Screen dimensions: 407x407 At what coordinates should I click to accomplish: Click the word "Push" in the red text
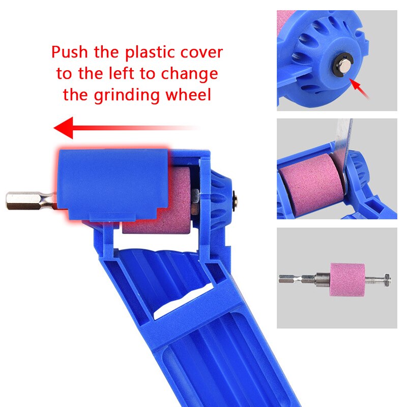[70, 52]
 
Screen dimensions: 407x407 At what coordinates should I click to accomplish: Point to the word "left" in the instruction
[122, 73]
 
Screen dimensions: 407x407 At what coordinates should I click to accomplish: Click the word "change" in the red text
[189, 74]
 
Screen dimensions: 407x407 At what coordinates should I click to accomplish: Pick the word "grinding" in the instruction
[127, 95]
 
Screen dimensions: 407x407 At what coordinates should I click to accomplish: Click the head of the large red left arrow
[64, 128]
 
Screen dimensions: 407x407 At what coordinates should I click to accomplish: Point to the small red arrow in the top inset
[359, 88]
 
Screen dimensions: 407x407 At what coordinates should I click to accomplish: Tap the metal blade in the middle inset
[342, 146]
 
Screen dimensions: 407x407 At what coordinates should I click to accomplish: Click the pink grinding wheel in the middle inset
[311, 184]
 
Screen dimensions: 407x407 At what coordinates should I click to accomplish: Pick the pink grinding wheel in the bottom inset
[347, 279]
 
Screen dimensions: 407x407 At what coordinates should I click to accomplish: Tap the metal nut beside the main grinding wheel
[195, 201]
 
